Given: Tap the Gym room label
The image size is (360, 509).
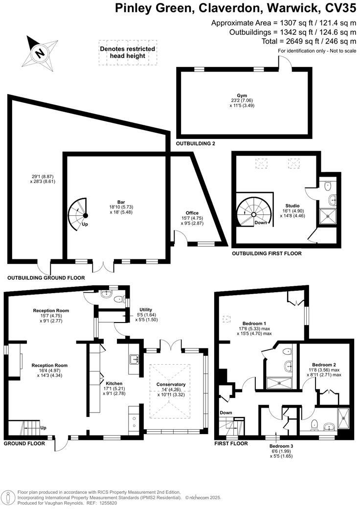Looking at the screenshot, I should click(243, 96).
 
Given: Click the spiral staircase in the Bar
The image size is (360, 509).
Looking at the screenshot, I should click(78, 212).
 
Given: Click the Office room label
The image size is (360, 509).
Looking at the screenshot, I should click(192, 213).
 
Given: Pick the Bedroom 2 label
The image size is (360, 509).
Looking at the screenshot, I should click(324, 365).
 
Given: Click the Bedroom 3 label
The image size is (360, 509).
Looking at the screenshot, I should click(281, 446).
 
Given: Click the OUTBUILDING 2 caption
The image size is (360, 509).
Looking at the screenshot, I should click(196, 143).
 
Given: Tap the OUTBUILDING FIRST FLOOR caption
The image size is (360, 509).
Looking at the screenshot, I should click(267, 254).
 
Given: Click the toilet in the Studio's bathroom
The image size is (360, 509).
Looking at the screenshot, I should click(329, 185).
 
